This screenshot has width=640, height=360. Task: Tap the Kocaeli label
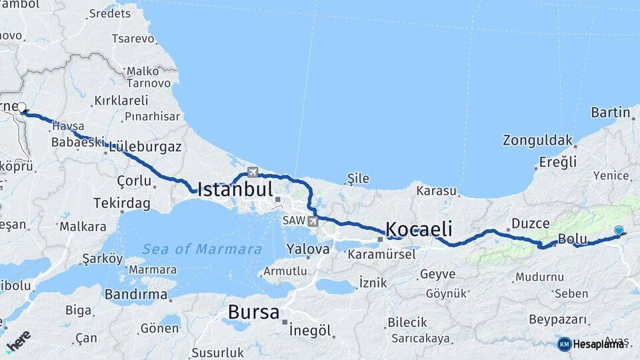tap(419, 229)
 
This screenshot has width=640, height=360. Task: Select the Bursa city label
tap(253, 311)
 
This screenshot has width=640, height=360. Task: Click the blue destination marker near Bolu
tap(619, 231)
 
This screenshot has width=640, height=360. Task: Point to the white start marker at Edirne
tap(22, 107)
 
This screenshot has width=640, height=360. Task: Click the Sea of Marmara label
tap(201, 249)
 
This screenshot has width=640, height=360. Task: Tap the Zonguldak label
tap(538, 140)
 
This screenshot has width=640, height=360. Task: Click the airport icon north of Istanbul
tap(252, 171)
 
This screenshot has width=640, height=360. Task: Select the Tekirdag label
tap(122, 203)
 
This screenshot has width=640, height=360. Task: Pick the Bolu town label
tap(571, 239)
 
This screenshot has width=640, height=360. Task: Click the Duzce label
tap(531, 223)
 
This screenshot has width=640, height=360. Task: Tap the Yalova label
tap(307, 249)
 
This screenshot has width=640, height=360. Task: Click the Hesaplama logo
tap(592, 344)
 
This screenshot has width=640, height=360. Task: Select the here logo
tap(19, 341)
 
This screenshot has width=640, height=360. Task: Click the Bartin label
tap(610, 113)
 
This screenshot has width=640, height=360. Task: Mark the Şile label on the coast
tap(358, 178)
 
